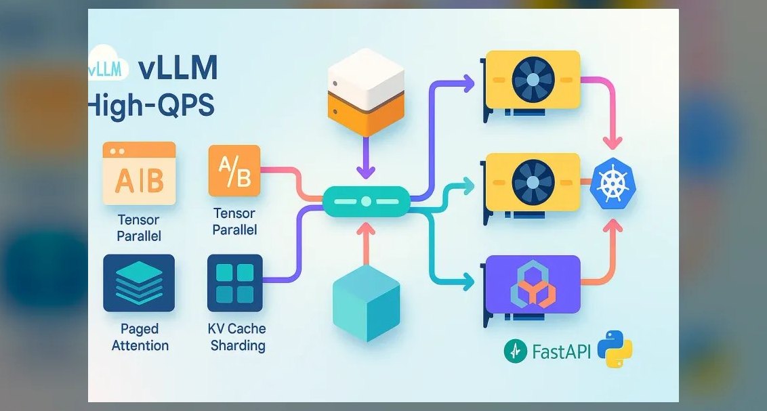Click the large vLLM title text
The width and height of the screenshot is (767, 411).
(178, 68)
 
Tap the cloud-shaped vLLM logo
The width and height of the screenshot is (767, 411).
(108, 64)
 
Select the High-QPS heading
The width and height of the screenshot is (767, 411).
(152, 105)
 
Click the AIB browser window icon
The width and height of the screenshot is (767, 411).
(139, 173)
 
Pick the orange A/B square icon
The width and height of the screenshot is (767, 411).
(234, 171)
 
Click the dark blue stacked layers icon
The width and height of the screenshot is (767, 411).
(139, 283)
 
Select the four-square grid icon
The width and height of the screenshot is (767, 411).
(235, 283)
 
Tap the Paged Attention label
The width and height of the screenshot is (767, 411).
(140, 337)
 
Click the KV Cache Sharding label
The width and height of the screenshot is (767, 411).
(237, 337)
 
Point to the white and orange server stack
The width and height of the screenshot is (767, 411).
(366, 92)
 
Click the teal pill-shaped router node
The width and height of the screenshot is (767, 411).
(366, 201)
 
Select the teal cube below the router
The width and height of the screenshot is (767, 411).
(366, 303)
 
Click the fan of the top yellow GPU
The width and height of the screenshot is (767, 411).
(533, 79)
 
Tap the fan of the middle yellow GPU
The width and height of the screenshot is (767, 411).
(533, 181)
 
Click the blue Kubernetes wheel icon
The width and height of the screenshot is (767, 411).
(613, 183)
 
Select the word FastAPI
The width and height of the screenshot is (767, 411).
(561, 351)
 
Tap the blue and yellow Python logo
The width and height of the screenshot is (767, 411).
(615, 349)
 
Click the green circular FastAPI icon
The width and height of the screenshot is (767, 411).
(516, 351)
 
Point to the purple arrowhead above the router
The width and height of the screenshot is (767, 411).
(366, 172)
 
